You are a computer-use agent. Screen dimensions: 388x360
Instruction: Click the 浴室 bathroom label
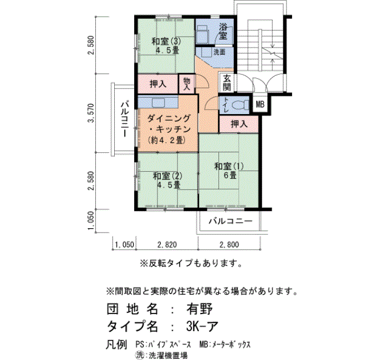click(x=223, y=31)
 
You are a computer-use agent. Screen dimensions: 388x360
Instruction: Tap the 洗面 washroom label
click(x=219, y=52)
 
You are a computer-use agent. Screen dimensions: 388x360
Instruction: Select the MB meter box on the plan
click(x=260, y=105)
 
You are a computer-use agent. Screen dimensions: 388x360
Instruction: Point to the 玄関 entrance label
click(x=227, y=83)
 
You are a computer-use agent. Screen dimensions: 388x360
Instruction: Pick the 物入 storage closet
click(x=187, y=84)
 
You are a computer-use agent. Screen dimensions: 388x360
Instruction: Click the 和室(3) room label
click(x=166, y=42)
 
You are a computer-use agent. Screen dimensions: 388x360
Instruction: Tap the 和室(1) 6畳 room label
click(x=229, y=171)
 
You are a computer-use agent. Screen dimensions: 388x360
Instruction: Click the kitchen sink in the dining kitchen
click(x=159, y=102)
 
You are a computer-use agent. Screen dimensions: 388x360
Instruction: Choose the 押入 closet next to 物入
click(x=158, y=84)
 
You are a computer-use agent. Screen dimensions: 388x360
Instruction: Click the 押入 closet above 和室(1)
click(x=239, y=124)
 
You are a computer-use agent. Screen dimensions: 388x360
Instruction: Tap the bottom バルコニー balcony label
click(x=231, y=221)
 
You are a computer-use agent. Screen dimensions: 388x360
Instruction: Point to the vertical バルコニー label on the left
click(x=124, y=119)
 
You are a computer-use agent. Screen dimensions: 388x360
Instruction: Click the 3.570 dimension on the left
click(x=91, y=113)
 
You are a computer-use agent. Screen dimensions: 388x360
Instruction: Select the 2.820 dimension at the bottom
click(x=167, y=245)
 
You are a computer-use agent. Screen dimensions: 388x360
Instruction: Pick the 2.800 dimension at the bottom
click(x=229, y=245)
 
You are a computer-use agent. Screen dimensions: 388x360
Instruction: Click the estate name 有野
click(x=200, y=309)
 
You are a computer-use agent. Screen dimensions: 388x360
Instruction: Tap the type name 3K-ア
click(x=202, y=326)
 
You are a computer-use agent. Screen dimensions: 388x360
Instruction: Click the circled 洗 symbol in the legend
click(x=140, y=355)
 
